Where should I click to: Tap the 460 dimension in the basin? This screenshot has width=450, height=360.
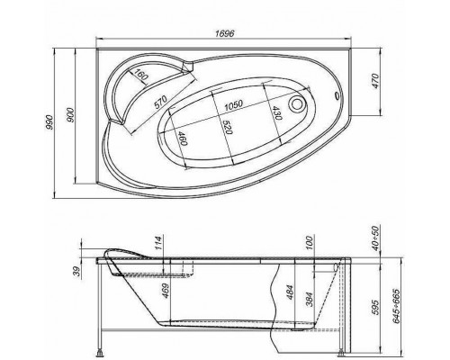click(181, 141)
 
